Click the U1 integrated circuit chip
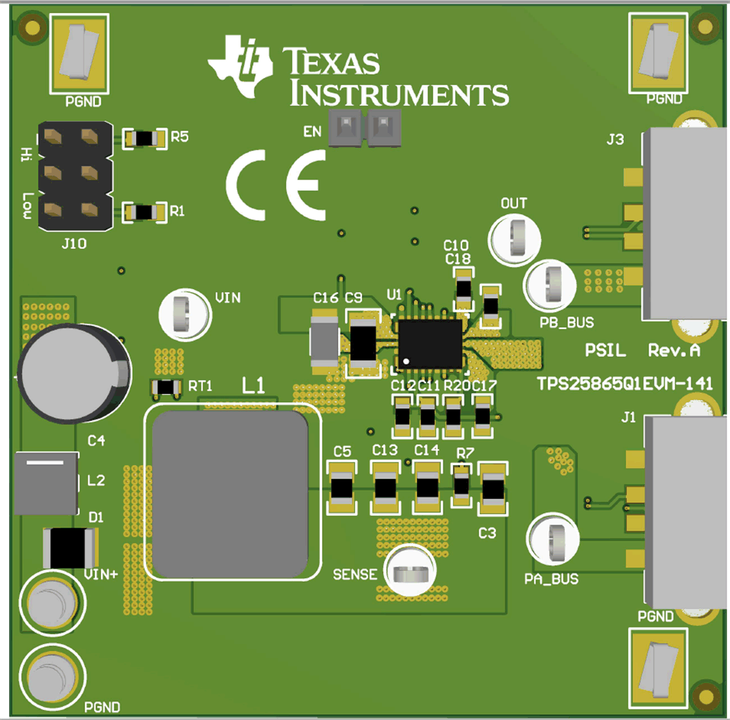pos(430,344)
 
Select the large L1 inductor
pos(231,491)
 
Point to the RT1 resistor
pos(166,387)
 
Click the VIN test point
pos(184,314)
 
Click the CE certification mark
pos(276,185)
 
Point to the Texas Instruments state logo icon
pos(239,65)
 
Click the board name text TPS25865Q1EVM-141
pos(624,384)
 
